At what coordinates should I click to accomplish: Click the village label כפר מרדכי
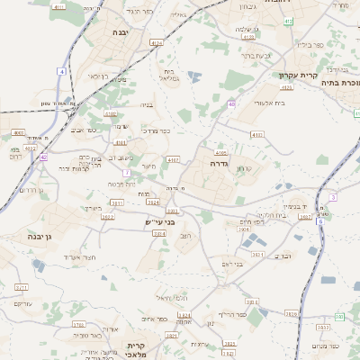(x=131, y=130)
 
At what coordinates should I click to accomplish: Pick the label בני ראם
(x=232, y=264)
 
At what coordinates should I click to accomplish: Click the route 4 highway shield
(x=62, y=70)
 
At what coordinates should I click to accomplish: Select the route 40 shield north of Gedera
(x=231, y=104)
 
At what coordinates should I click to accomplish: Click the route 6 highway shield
(x=340, y=317)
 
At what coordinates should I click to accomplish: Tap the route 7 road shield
(x=127, y=172)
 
